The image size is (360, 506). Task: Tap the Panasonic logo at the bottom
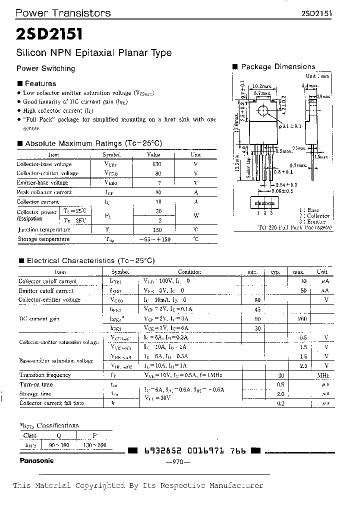[36, 460]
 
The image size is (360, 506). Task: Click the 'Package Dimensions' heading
[277, 66]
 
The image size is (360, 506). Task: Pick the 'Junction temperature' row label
[44, 229]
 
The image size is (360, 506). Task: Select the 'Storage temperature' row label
[43, 239]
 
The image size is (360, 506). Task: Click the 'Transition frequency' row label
[45, 375]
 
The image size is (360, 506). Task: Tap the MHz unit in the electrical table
[322, 375]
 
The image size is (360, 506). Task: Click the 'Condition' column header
[189, 272]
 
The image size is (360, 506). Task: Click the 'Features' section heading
[40, 83]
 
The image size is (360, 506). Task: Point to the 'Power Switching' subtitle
[45, 68]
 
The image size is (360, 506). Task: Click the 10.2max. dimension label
[262, 86]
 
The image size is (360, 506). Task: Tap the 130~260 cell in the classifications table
[95, 445]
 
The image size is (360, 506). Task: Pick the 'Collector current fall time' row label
[51, 403]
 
